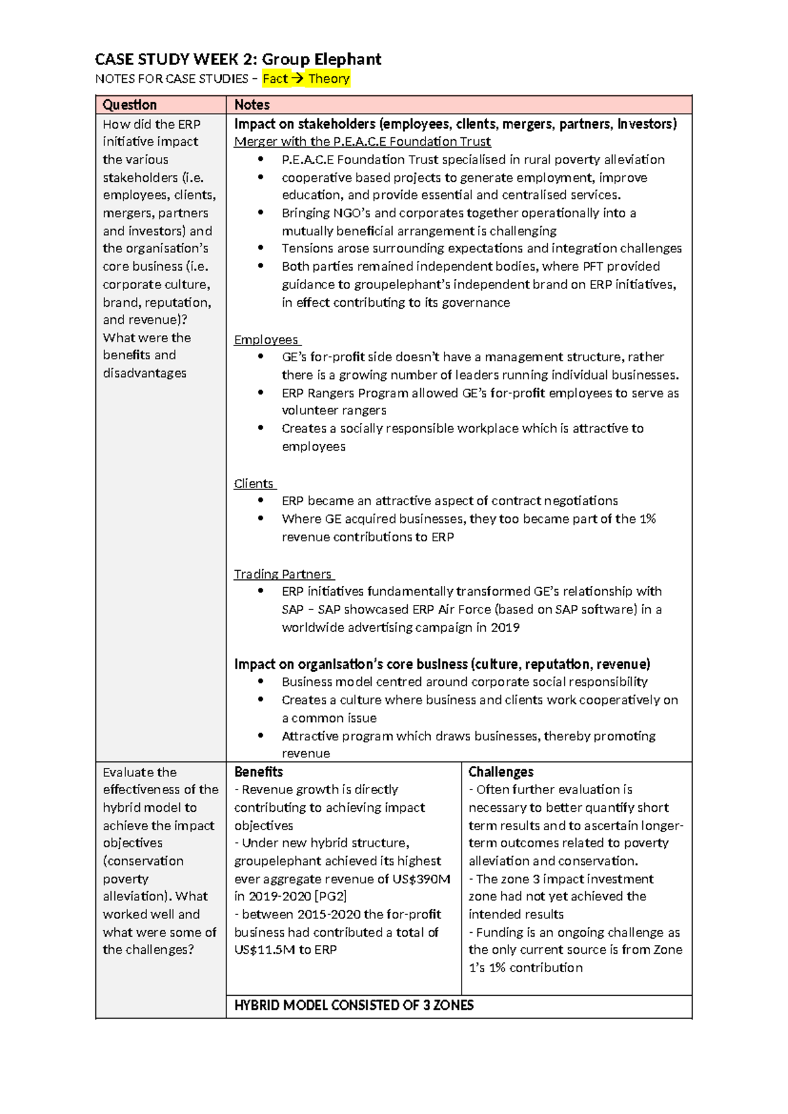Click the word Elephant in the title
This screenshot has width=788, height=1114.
click(x=347, y=59)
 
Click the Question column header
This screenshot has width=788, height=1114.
click(x=129, y=104)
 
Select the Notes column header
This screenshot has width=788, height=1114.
click(x=252, y=104)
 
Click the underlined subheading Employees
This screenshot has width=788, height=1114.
click(x=266, y=340)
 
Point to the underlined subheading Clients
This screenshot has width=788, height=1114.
click(x=253, y=483)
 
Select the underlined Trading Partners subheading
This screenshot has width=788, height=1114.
click(x=283, y=574)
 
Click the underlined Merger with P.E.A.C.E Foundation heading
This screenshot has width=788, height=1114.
click(x=362, y=141)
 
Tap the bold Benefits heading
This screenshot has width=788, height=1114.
click(x=259, y=772)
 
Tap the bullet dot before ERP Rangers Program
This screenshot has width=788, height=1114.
click(x=261, y=393)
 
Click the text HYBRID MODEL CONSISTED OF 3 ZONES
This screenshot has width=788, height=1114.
click(x=354, y=1005)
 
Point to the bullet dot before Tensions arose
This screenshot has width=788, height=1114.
click(x=261, y=248)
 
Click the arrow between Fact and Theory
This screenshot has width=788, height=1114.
click(x=297, y=79)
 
